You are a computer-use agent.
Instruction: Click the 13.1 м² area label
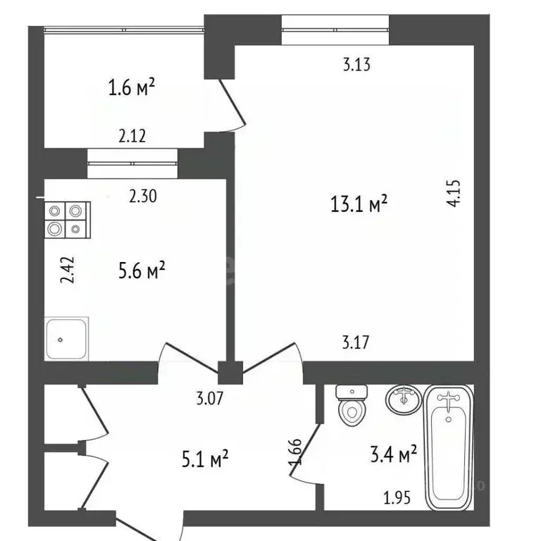point(359,204)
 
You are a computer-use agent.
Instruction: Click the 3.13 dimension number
point(356,65)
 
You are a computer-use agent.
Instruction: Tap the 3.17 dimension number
point(356,343)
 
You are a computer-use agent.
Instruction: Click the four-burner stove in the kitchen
point(66,220)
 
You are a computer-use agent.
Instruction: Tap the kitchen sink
point(67,338)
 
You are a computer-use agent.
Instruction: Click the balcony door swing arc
point(232,106)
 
